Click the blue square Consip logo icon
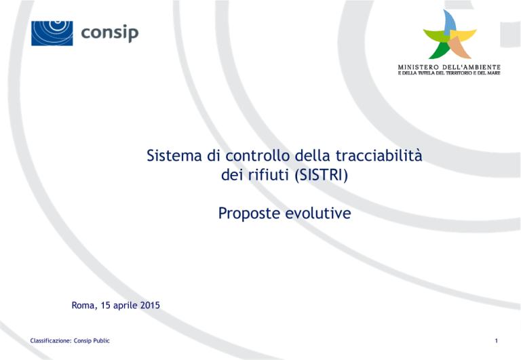tap(52, 33)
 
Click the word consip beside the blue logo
tap(110, 33)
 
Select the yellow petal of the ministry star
tap(464, 35)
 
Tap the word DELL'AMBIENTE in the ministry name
tap(471, 67)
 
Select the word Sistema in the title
tap(174, 155)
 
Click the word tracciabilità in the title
tap(379, 155)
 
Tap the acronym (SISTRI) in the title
tap(322, 175)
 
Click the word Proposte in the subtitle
tap(249, 213)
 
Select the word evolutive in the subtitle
tap(318, 213)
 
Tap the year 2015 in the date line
tap(150, 305)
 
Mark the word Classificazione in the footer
tap(50, 341)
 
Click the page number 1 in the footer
tap(497, 340)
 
